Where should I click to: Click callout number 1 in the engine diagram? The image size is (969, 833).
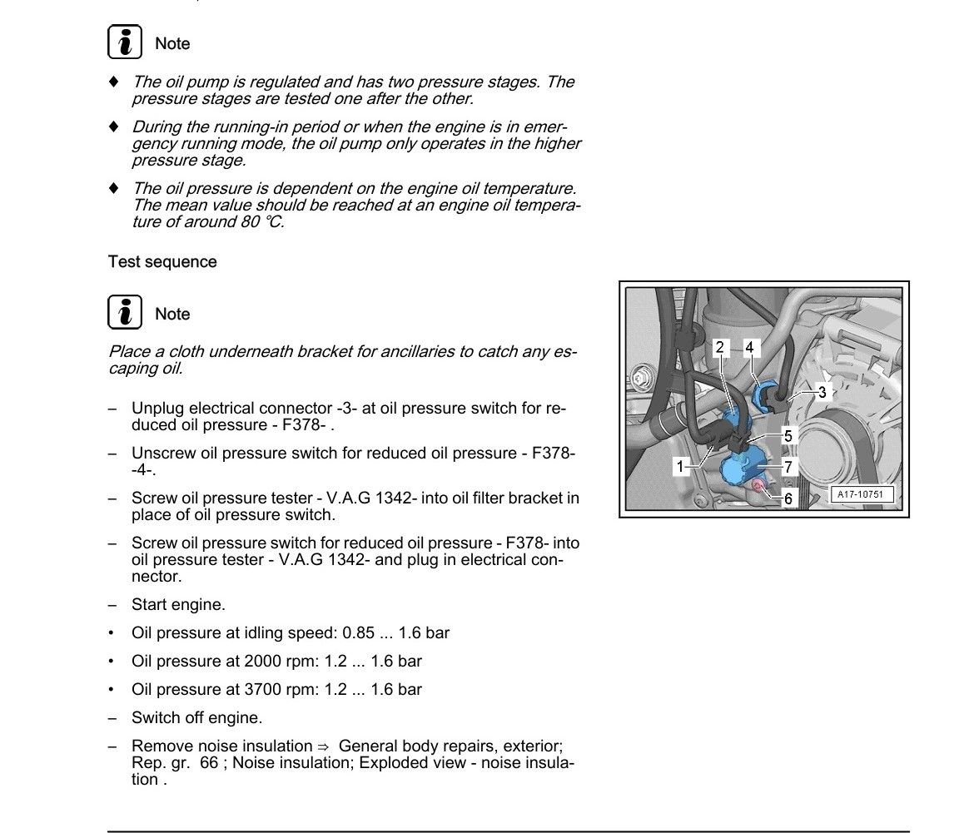pos(680,467)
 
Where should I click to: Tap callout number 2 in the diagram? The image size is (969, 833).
pos(720,347)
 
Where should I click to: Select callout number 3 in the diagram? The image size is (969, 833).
pos(822,393)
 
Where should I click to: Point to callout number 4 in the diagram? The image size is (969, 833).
pos(749,347)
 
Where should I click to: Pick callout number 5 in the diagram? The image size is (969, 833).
pos(788,435)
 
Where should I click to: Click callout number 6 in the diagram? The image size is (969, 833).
pos(788,499)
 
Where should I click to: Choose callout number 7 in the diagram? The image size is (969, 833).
pos(788,467)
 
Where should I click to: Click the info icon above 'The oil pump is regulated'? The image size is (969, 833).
pos(124,43)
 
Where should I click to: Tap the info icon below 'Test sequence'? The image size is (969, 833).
pos(124,314)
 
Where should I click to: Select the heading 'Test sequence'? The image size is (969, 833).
pos(162,262)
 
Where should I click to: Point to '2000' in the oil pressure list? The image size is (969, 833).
pos(263,662)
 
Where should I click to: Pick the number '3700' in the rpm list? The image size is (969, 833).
pos(263,690)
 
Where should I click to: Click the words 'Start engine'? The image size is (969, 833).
pos(178,605)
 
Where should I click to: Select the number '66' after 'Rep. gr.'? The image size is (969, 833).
pos(208,763)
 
